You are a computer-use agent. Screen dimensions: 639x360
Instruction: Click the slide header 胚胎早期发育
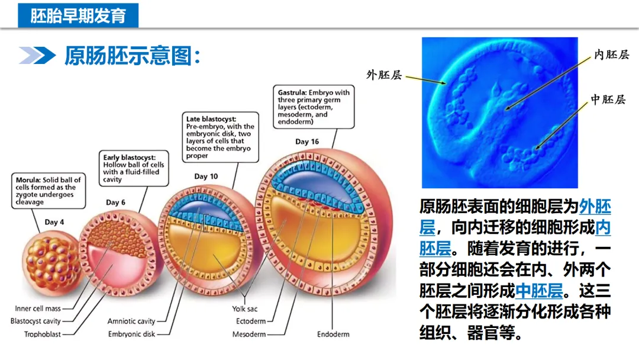click(78, 15)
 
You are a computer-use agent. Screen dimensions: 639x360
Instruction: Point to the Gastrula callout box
click(314, 107)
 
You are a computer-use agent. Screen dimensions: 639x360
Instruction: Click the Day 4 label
click(54, 222)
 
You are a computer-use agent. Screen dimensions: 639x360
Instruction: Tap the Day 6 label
click(115, 202)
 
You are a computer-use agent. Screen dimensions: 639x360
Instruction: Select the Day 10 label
click(206, 176)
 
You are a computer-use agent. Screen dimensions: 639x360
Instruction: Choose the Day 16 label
click(306, 142)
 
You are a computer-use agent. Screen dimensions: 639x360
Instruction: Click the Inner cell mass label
click(37, 308)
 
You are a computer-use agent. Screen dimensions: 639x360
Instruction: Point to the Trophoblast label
click(42, 334)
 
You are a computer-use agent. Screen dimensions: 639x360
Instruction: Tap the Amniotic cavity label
click(131, 322)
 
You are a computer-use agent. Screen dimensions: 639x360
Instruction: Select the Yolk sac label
click(244, 308)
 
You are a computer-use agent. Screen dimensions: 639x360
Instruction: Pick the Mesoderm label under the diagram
click(249, 334)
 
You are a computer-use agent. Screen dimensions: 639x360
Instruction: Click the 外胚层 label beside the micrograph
click(384, 75)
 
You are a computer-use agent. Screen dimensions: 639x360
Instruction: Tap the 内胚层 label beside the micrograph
click(611, 55)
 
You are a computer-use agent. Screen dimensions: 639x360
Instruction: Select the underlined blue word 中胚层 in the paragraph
click(538, 291)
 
